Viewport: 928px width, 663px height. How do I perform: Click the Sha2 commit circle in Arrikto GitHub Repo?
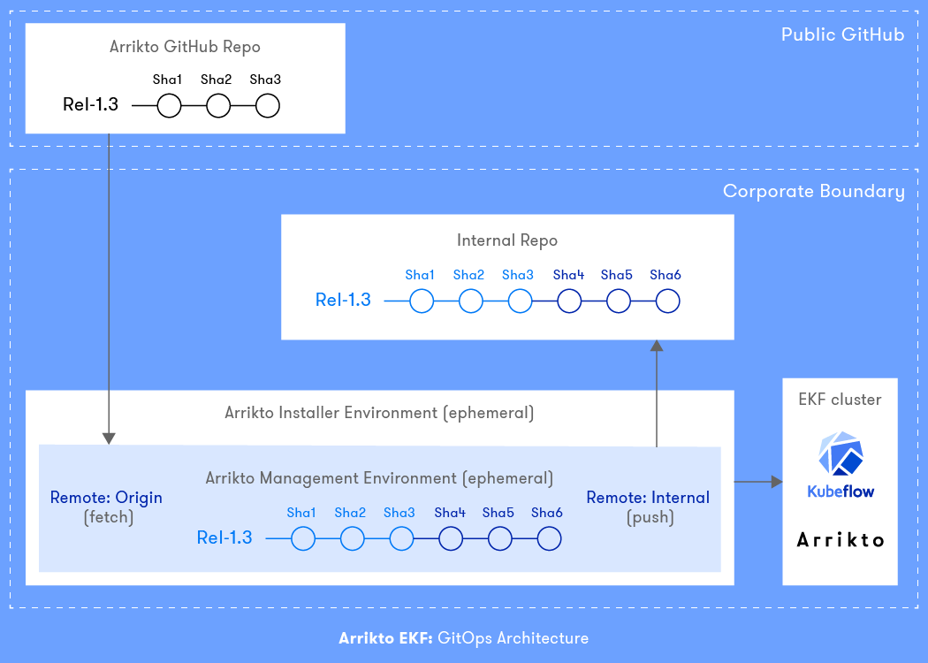[218, 106]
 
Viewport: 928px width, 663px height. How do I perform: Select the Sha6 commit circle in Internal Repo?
[667, 301]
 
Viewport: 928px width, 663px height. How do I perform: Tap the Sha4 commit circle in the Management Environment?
[451, 538]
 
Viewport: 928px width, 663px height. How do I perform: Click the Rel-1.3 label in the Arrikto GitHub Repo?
[90, 105]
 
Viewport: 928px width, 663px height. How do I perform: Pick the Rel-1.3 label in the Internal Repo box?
[343, 301]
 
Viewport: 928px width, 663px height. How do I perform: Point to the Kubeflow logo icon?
[841, 455]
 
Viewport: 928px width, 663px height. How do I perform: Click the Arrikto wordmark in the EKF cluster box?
[841, 539]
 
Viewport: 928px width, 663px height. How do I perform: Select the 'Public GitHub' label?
[842, 35]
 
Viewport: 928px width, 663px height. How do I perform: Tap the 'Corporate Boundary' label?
[813, 192]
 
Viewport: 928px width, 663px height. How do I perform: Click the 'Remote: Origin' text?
[106, 498]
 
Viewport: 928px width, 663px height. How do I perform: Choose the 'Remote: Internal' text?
[648, 498]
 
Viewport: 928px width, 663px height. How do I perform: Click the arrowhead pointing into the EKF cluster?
[777, 482]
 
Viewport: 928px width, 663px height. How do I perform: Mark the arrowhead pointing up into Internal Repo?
[657, 347]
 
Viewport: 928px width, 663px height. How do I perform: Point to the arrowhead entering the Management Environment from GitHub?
[109, 438]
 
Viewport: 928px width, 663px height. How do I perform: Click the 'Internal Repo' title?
[507, 240]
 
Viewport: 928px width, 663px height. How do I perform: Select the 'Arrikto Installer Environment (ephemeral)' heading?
[379, 413]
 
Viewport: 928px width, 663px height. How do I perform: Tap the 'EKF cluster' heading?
[841, 400]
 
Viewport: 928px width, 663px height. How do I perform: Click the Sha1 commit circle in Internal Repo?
[422, 301]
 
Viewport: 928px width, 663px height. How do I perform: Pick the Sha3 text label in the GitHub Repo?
[265, 80]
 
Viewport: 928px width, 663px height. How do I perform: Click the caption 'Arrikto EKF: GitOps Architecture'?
[464, 638]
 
